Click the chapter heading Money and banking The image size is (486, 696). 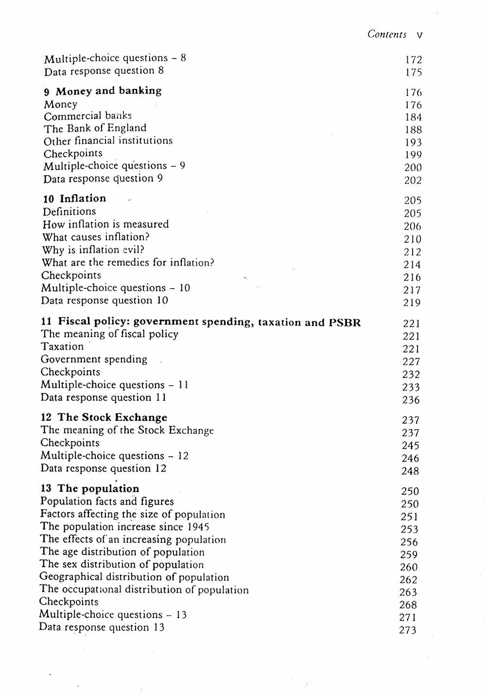[108, 91]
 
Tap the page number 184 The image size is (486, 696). [413, 117]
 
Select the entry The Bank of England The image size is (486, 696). [95, 128]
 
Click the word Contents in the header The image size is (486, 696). [387, 34]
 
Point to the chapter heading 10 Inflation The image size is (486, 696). [74, 198]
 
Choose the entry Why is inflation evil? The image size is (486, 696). [93, 250]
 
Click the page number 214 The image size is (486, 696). [412, 265]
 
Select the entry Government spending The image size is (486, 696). [94, 359]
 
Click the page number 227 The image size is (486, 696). [411, 361]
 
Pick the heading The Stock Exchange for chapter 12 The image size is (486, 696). [112, 417]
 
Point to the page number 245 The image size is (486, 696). [410, 446]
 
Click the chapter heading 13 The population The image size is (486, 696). [90, 488]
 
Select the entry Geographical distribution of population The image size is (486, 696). [134, 577]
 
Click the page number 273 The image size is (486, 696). [408, 630]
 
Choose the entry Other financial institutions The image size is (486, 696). [108, 141]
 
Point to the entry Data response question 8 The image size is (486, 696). [104, 71]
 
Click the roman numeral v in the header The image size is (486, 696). [419, 35]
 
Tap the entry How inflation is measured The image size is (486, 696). [105, 224]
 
